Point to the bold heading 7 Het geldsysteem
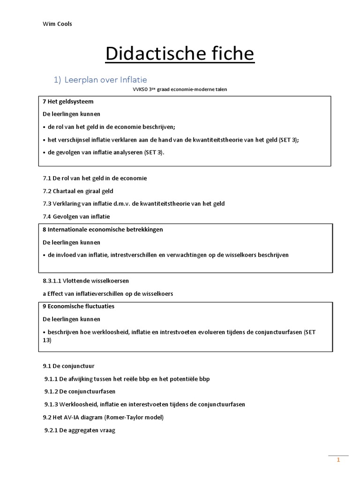(x=68, y=102)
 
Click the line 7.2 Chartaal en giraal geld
(x=78, y=191)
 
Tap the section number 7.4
(x=47, y=217)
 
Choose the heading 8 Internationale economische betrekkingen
(x=103, y=230)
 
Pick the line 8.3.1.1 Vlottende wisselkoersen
(x=85, y=281)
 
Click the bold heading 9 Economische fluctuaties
(x=78, y=306)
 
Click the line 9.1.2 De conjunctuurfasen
(x=80, y=391)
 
